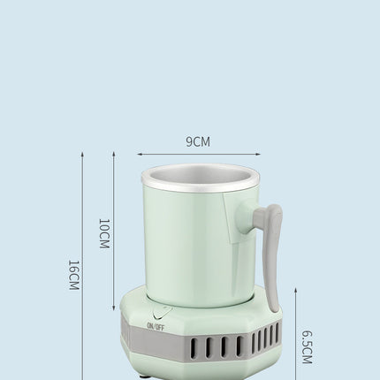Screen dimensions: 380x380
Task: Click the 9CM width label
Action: tap(198, 141)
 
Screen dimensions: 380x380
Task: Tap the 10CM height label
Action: tap(104, 233)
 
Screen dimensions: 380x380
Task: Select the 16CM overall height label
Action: tap(73, 274)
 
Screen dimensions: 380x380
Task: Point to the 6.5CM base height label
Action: tap(307, 347)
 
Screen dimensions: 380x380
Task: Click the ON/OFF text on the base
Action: tap(156, 325)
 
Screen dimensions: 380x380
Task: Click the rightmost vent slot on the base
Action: tap(277, 332)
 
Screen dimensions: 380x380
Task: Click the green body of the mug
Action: tap(186, 247)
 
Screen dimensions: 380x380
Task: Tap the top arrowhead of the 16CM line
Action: tap(82, 153)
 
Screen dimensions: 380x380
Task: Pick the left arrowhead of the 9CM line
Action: tap(139, 154)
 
